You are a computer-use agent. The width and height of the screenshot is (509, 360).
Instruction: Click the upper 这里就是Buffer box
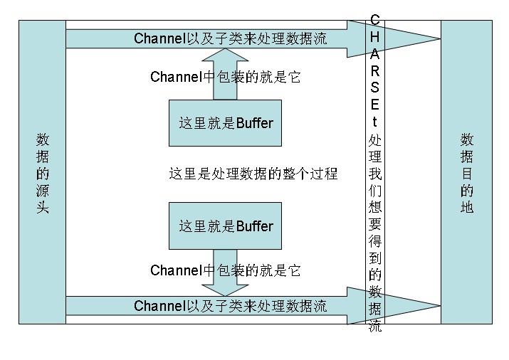(x=225, y=123)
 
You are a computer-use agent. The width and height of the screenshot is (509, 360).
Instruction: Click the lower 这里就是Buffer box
(x=225, y=226)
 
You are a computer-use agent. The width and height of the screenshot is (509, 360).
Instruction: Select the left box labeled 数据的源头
(x=42, y=172)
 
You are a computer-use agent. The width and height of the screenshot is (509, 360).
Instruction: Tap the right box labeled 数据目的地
(x=466, y=172)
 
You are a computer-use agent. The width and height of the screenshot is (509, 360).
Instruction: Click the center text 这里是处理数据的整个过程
(x=253, y=174)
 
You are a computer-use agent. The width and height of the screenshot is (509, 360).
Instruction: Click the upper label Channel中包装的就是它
(x=226, y=77)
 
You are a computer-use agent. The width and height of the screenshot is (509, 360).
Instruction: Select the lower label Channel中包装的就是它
(x=226, y=270)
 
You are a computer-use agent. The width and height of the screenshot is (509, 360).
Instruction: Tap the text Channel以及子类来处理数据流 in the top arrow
(x=230, y=38)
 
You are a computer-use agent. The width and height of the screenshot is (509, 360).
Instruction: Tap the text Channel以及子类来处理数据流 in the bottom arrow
(x=230, y=306)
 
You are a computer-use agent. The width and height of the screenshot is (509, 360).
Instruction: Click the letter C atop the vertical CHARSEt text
(x=375, y=18)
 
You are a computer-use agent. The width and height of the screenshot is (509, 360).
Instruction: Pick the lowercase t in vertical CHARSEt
(x=375, y=121)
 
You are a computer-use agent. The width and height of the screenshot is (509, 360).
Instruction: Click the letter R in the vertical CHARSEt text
(x=375, y=71)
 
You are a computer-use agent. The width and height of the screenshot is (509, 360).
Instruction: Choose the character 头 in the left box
(x=42, y=208)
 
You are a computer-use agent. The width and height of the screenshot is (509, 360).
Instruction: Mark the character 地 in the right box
(x=466, y=208)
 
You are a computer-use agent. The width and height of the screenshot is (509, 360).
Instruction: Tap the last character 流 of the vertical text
(x=375, y=327)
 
